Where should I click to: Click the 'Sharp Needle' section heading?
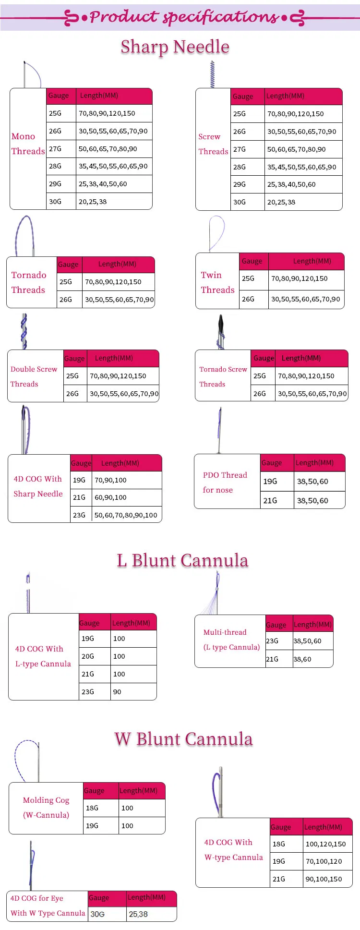point(175,47)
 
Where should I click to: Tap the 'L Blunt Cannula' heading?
point(182,560)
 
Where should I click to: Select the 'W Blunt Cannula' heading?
point(183,739)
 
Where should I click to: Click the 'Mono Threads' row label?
point(28,144)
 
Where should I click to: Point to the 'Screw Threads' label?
point(213,144)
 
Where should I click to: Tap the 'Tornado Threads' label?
point(29,282)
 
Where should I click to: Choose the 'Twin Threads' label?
point(217,282)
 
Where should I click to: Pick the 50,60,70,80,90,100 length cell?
point(126,515)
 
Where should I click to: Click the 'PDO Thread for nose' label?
point(225,483)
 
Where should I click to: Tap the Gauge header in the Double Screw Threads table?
point(74,358)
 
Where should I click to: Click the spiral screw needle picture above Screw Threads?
point(212,74)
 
